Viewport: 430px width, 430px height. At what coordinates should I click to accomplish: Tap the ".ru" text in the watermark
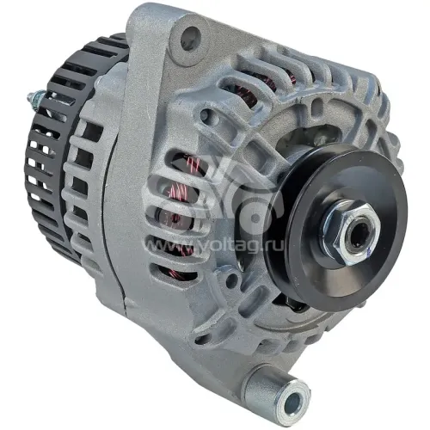point(274,245)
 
